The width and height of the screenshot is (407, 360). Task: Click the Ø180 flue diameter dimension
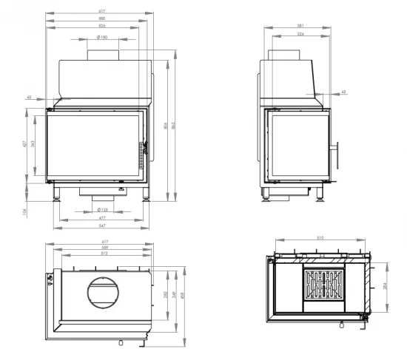click(102, 36)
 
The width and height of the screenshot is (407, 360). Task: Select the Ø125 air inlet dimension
click(102, 210)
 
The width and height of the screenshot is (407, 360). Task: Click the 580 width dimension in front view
click(101, 20)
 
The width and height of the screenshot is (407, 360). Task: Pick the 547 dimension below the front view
click(101, 225)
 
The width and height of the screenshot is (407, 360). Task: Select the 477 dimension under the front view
click(101, 218)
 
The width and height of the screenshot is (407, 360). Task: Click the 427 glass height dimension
click(24, 144)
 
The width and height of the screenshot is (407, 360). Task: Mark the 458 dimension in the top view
click(182, 299)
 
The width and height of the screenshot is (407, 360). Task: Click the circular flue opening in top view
click(102, 292)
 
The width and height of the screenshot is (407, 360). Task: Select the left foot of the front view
click(56, 195)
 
